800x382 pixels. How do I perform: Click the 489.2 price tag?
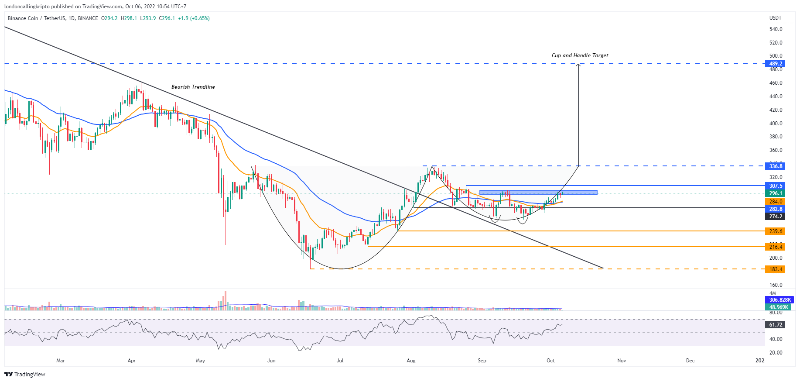tap(776, 64)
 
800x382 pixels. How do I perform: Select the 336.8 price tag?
tap(776, 166)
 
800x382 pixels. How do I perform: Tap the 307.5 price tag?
tap(776, 186)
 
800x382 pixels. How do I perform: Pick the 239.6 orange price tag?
tap(776, 231)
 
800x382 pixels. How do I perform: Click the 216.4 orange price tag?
tap(776, 247)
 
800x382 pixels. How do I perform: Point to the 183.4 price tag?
tap(776, 269)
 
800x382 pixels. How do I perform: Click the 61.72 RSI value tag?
tap(776, 325)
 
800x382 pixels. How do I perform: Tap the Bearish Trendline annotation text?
tap(193, 87)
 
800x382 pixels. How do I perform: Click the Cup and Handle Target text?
tap(580, 55)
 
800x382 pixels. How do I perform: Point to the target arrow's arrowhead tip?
tap(578, 64)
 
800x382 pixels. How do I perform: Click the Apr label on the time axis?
tap(131, 361)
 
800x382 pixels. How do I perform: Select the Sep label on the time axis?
tap(482, 361)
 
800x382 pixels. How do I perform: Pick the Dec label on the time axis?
tap(690, 361)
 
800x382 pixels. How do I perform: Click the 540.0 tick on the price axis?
tap(776, 29)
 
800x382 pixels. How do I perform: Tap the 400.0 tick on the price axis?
tap(776, 124)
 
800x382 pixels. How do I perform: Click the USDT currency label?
tap(775, 18)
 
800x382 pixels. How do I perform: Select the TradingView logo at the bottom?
tap(25, 375)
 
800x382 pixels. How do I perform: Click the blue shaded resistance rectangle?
tap(538, 193)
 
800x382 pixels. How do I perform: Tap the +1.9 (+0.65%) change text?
tap(194, 18)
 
